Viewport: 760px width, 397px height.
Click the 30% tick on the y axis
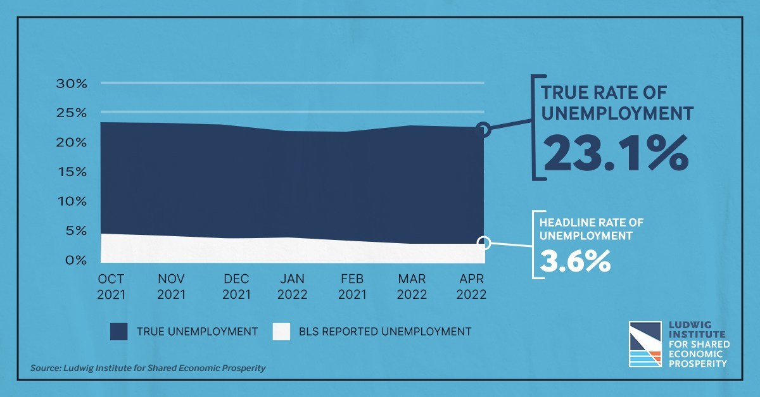click(72, 84)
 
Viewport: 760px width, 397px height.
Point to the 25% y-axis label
click(72, 113)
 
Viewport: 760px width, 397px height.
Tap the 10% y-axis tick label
click(72, 201)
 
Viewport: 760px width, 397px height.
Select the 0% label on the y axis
click(76, 260)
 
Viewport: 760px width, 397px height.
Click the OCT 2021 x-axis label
click(111, 287)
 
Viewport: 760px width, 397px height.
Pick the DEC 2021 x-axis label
click(236, 287)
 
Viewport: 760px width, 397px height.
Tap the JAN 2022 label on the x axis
click(292, 287)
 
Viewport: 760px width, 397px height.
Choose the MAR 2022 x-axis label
click(412, 287)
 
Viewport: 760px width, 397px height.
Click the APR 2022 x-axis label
click(471, 287)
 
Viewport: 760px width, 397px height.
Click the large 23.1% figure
click(616, 153)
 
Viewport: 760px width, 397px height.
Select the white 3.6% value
click(576, 261)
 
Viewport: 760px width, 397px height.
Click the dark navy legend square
click(119, 332)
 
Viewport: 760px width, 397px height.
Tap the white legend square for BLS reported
click(281, 332)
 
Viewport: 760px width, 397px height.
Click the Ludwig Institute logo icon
click(645, 344)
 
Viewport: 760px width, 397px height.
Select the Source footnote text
click(148, 368)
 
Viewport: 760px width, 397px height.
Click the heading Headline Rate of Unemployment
click(592, 229)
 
